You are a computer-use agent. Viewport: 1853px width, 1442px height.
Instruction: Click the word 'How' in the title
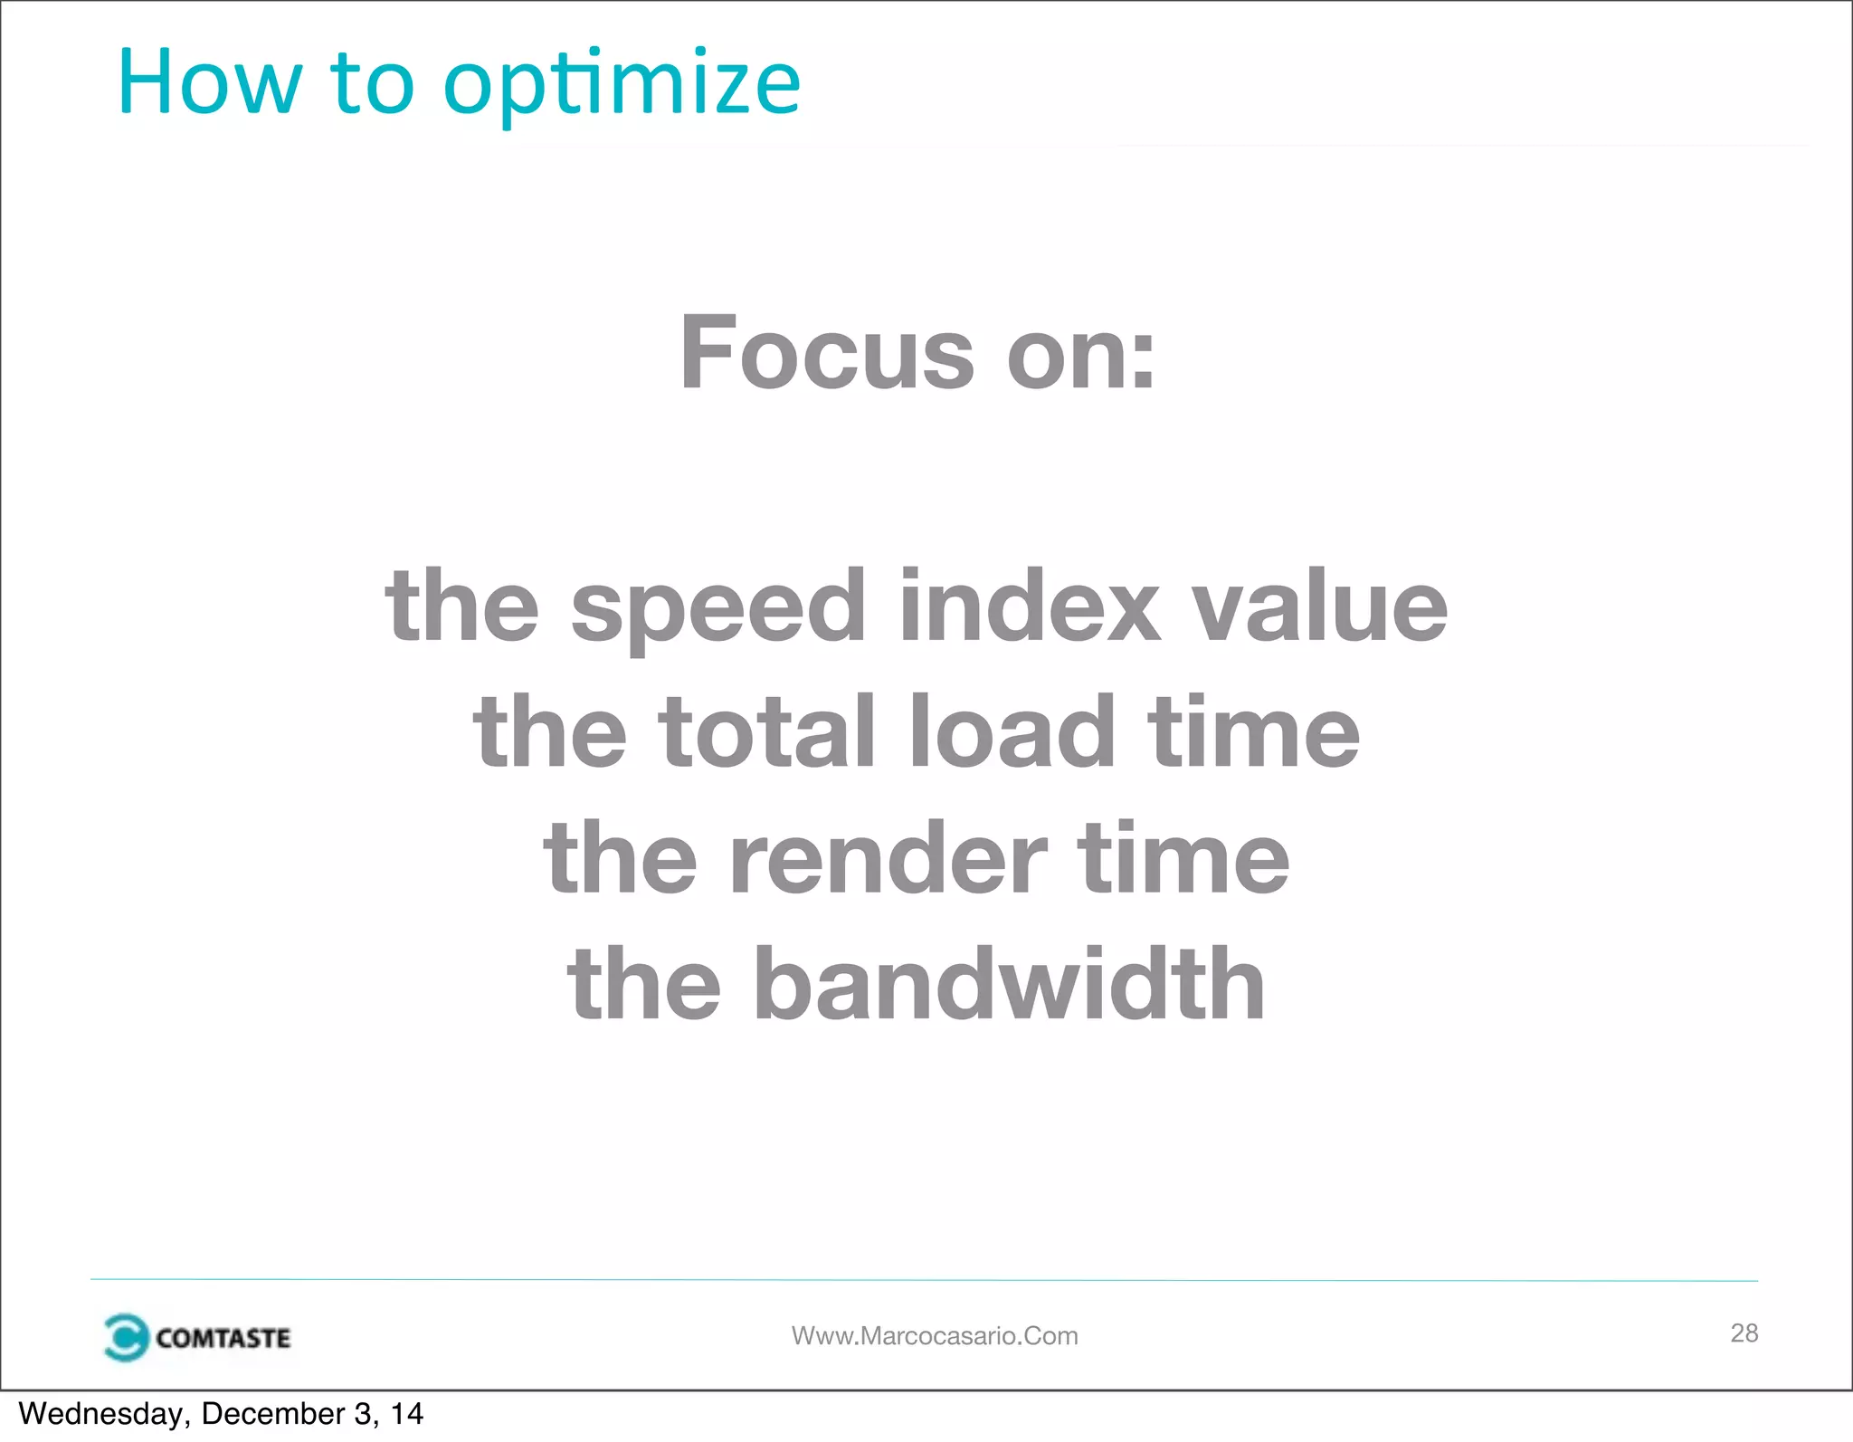(x=209, y=83)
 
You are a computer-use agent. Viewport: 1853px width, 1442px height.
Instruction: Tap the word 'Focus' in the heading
(x=827, y=352)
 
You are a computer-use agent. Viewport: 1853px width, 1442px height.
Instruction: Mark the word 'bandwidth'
(x=1009, y=984)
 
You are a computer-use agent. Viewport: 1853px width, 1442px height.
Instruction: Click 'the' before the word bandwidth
(x=644, y=984)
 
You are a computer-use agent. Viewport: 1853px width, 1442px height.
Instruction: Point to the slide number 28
(x=1744, y=1332)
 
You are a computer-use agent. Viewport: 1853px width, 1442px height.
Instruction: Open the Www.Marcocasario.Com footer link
(x=935, y=1336)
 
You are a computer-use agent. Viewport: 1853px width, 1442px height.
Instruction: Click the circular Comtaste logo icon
(x=125, y=1337)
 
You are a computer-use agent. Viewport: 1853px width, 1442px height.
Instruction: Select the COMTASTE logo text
(x=223, y=1338)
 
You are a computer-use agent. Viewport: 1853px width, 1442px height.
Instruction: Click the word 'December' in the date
(x=273, y=1414)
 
